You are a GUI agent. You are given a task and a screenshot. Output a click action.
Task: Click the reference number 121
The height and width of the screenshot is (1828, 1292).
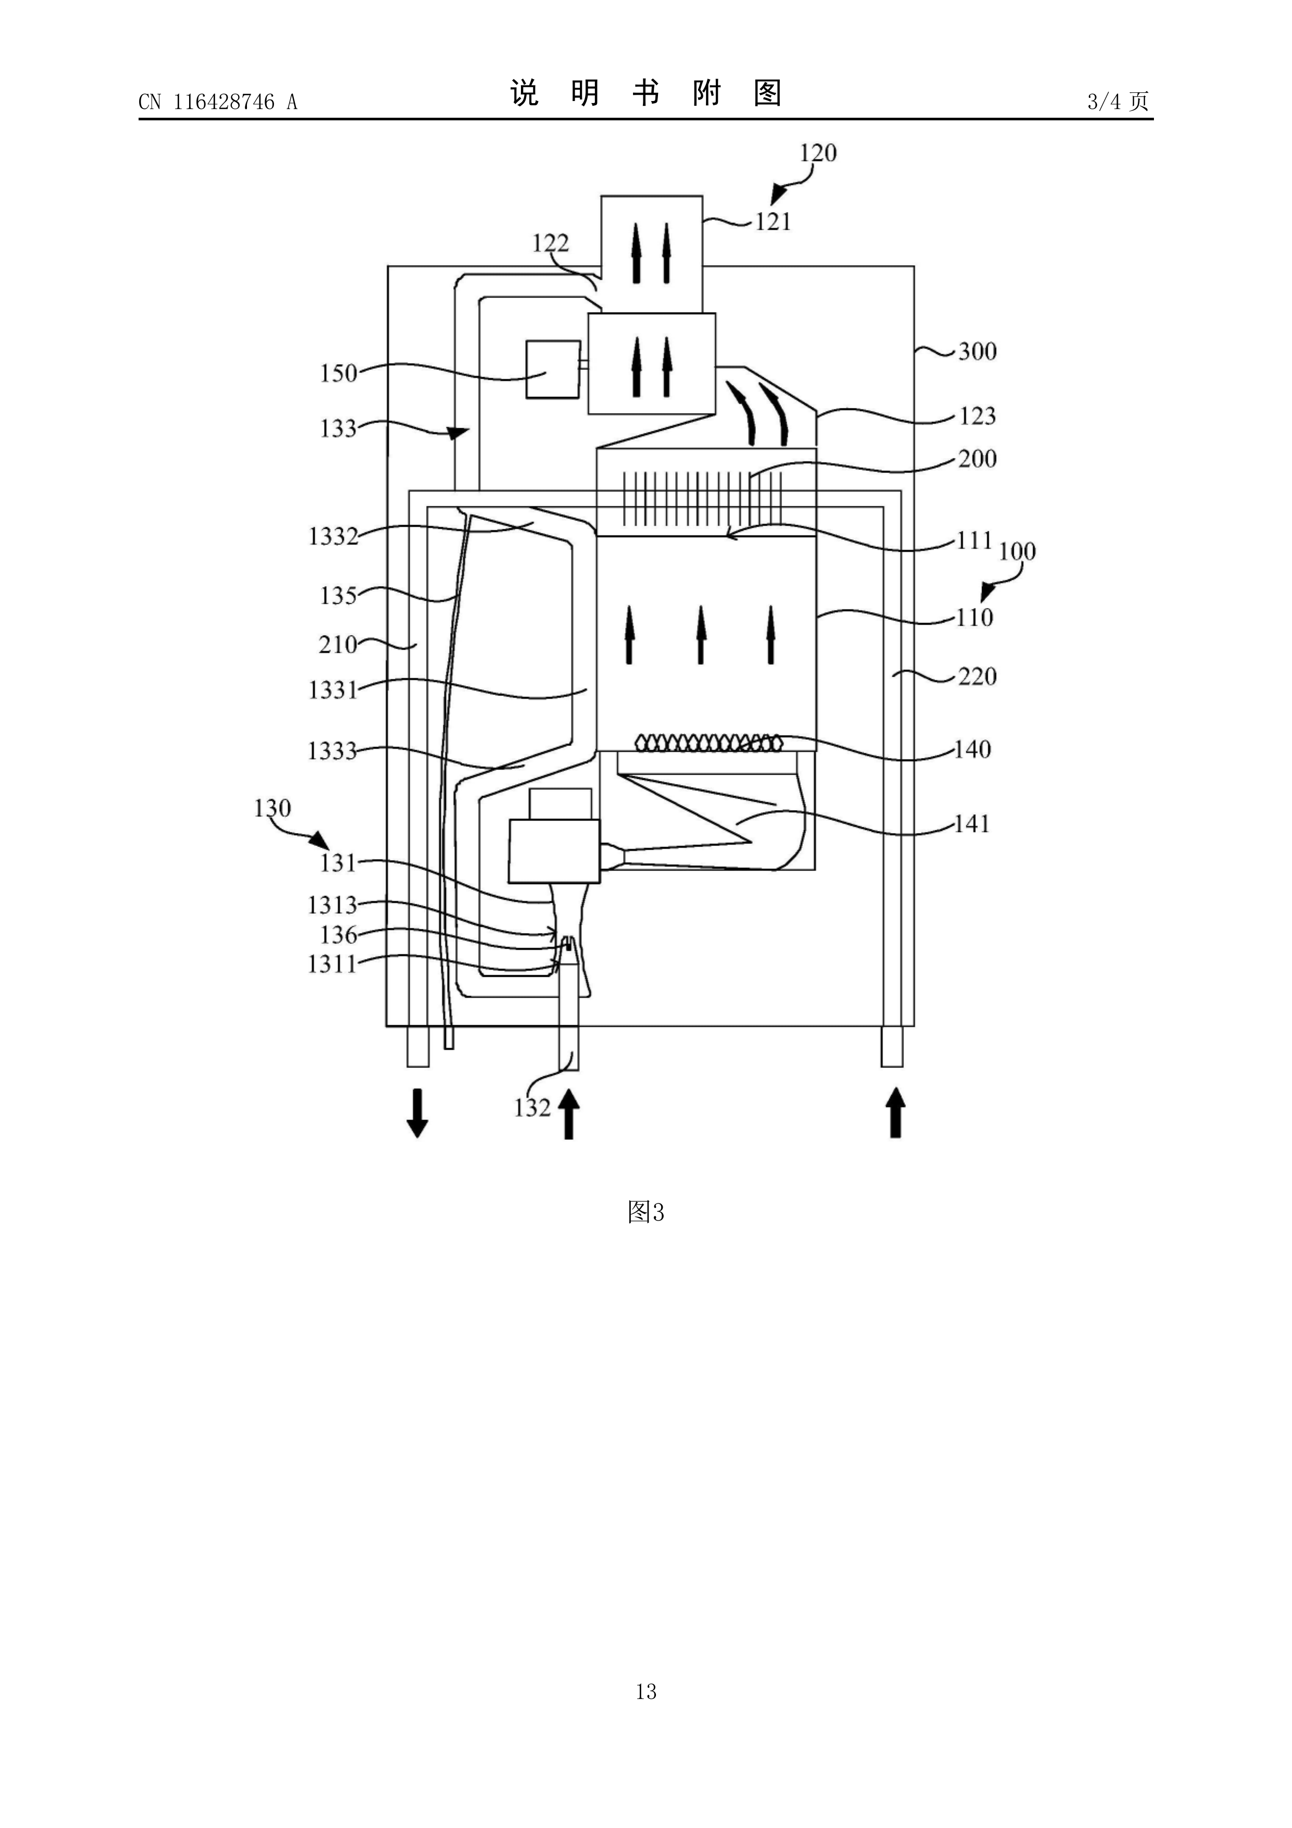coord(773,221)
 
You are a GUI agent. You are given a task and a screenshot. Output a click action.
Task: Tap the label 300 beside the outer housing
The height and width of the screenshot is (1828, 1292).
coord(977,351)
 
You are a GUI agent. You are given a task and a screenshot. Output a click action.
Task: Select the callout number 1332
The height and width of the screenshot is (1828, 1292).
coord(333,536)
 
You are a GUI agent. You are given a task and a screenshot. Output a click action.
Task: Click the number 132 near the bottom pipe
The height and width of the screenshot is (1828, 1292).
coord(532,1108)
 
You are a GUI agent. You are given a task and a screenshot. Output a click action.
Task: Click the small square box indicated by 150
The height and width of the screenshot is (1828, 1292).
coord(552,369)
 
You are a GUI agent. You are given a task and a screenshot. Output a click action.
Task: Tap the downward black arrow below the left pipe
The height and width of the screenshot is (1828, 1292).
coord(417,1114)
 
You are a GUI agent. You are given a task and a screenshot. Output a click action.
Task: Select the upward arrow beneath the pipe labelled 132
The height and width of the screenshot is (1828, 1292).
coord(568,1115)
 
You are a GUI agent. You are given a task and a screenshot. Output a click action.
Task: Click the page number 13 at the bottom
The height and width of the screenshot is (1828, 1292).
coord(645,1713)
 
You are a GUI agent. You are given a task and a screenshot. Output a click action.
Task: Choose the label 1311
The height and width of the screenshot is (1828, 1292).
coord(333,964)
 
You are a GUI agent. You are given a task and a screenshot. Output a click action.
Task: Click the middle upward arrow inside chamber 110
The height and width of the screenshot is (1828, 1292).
coord(701,635)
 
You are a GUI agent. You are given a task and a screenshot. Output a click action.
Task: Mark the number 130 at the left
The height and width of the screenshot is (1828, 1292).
coord(272,808)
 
